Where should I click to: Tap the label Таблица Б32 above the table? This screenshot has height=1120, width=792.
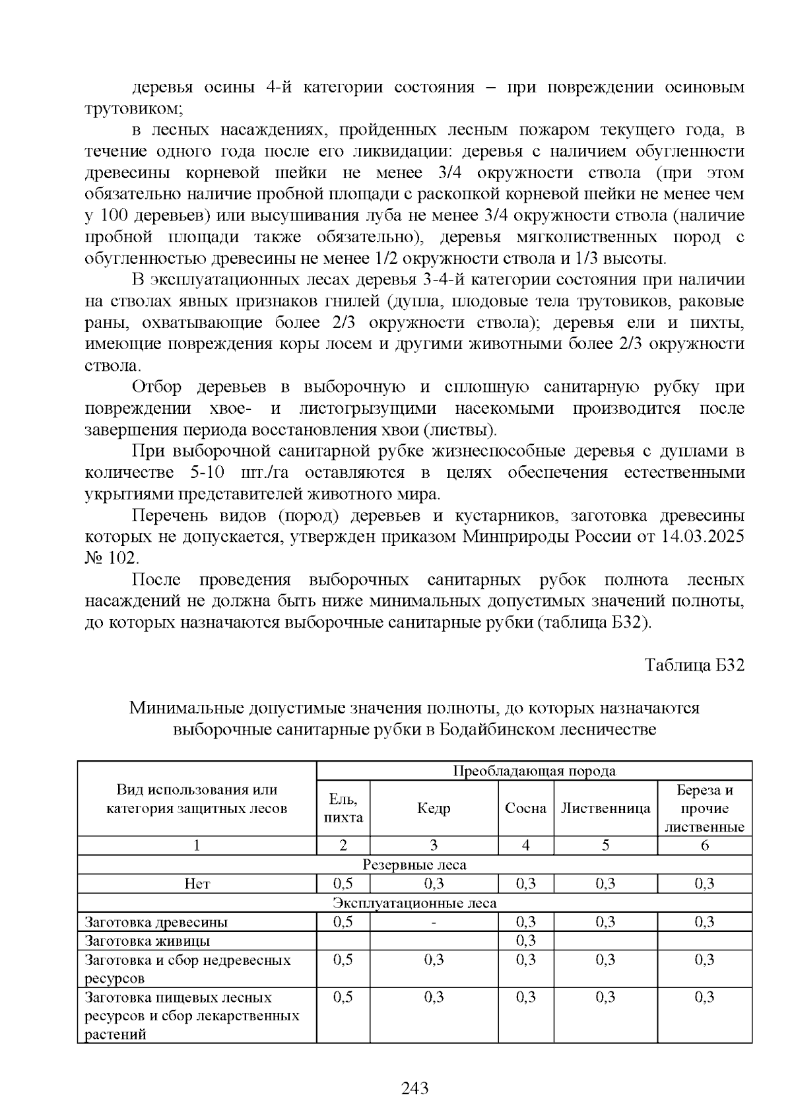pos(694,665)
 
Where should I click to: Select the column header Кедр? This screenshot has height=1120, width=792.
pos(434,808)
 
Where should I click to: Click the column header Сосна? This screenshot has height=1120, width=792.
pos(525,808)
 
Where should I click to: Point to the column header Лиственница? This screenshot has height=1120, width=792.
pos(605,808)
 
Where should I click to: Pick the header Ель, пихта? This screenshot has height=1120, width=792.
pos(343,808)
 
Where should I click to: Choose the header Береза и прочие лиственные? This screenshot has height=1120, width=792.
pos(704,808)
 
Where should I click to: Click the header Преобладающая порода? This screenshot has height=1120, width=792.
pos(534,771)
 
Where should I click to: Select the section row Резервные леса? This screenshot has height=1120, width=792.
pos(414,865)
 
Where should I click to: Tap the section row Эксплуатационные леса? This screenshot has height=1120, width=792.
pos(414,903)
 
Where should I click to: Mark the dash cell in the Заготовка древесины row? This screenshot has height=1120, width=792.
pos(434,922)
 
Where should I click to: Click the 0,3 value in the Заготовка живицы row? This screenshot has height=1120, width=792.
pos(525,940)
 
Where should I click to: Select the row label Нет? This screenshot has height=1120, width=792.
pos(197,884)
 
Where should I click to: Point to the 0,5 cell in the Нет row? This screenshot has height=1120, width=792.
pos(343,884)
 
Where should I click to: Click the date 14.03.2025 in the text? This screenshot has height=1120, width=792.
pos(702,537)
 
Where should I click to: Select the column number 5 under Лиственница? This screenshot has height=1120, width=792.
pos(605,846)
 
